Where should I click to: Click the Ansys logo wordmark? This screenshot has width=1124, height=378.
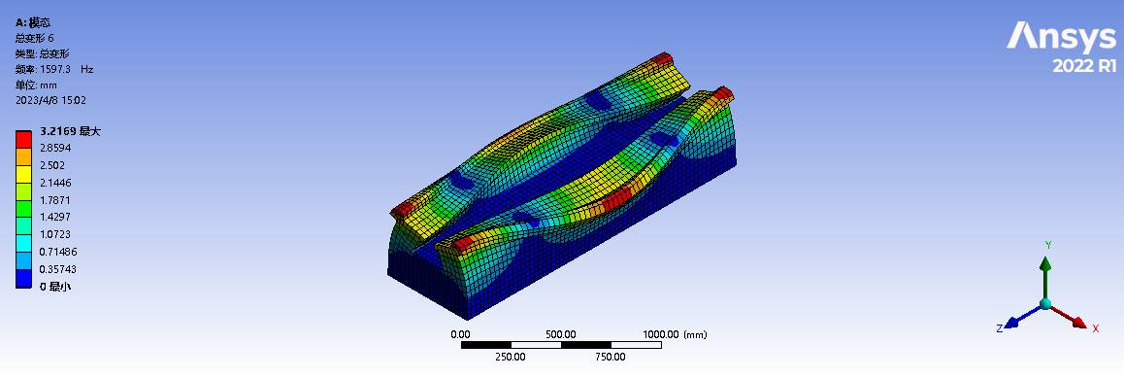click(x=1062, y=38)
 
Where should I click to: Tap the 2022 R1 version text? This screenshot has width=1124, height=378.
click(x=1084, y=66)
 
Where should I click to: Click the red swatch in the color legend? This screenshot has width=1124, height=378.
click(x=23, y=139)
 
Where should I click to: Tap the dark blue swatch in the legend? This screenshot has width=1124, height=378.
click(x=23, y=278)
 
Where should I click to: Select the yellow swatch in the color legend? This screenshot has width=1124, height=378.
click(x=23, y=174)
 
